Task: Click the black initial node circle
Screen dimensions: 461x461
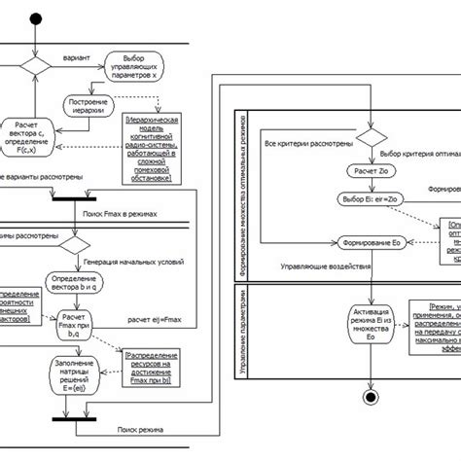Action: pos(39,18)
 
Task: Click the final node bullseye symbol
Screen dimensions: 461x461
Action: pos(370,396)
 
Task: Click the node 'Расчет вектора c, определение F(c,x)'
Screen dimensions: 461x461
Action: pos(32,135)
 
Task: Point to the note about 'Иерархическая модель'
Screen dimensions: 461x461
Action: pos(151,148)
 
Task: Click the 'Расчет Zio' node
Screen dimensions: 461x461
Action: pos(369,171)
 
